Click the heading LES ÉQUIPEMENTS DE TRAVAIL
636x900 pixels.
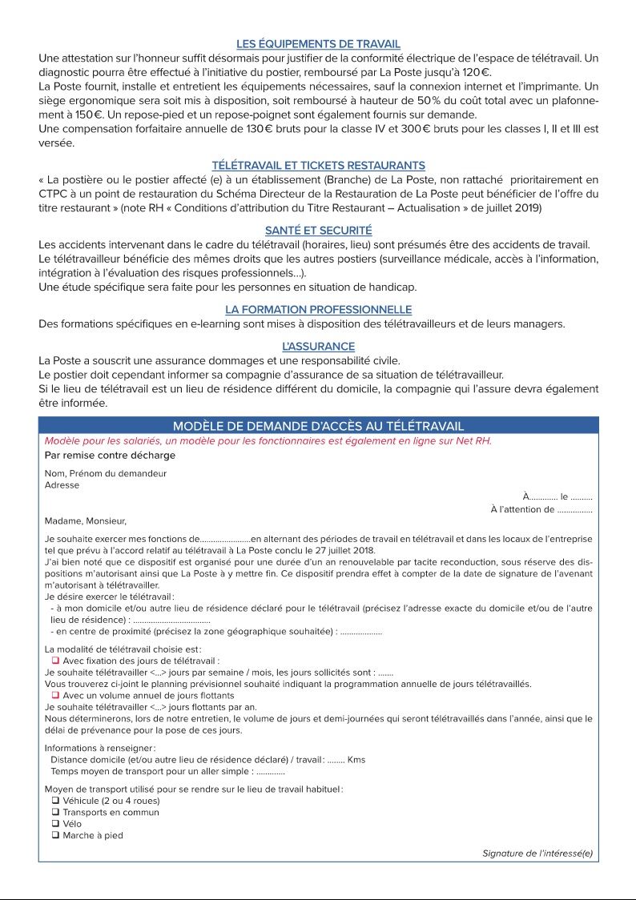click(318, 44)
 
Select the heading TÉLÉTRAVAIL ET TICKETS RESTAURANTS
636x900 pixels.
click(318, 166)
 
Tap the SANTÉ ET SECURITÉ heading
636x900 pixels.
click(318, 231)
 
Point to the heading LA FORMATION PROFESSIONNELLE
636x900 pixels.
click(318, 310)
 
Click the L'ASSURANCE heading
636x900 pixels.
click(318, 347)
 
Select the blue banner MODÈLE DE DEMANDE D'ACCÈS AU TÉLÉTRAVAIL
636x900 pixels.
click(318, 426)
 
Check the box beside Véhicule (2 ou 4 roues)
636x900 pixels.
click(56, 801)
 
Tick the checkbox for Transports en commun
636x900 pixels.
click(56, 813)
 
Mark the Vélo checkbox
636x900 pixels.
click(56, 824)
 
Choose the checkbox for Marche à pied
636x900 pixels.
click(56, 836)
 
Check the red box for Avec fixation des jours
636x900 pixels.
click(56, 661)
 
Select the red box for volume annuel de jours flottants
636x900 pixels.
click(56, 696)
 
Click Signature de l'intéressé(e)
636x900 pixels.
click(537, 854)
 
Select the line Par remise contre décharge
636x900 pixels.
click(110, 456)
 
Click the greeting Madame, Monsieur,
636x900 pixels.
click(85, 521)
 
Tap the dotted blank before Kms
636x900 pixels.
click(336, 760)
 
